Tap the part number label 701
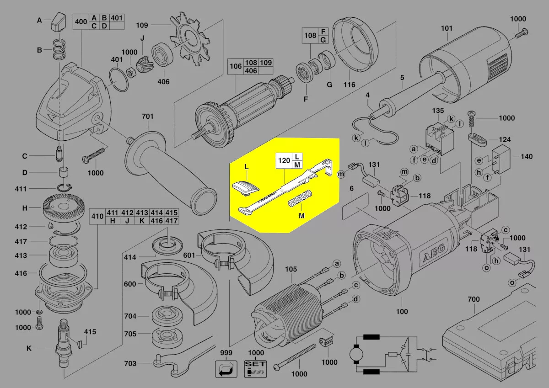click(147, 117)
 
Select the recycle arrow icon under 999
click(226, 369)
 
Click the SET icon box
click(256, 369)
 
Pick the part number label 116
click(349, 85)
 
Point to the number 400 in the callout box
click(81, 21)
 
